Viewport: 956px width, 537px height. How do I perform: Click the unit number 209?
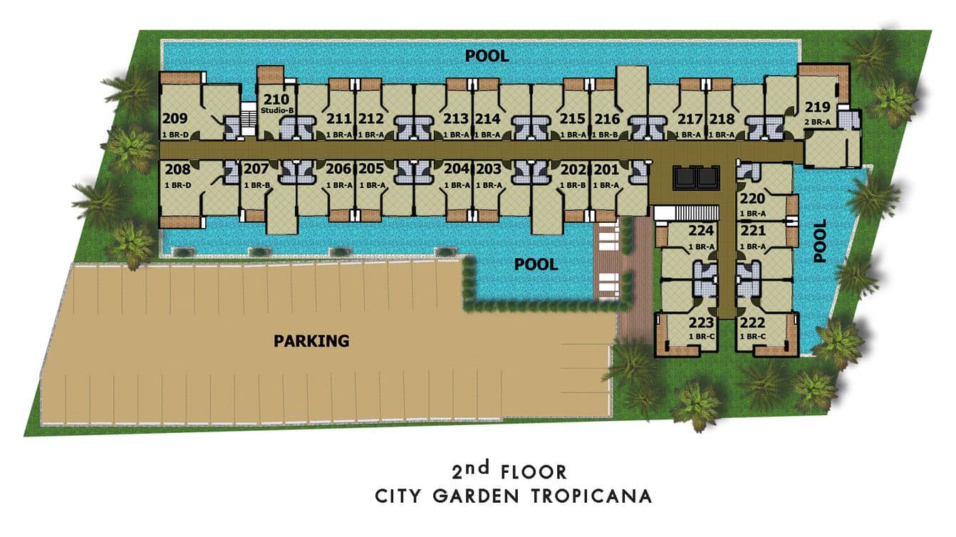(x=175, y=118)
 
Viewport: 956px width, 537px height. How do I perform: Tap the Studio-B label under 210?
(x=277, y=111)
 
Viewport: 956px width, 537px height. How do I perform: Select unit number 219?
(x=817, y=107)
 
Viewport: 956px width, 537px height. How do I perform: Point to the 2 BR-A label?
(x=817, y=122)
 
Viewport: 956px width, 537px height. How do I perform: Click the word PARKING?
(x=311, y=341)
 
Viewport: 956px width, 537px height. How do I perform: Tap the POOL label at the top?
(x=487, y=56)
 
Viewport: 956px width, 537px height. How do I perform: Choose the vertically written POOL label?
(x=820, y=241)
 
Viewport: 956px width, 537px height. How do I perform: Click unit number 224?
(x=701, y=231)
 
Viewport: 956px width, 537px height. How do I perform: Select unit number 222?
(x=752, y=323)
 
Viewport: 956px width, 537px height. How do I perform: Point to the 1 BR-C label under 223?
(x=701, y=337)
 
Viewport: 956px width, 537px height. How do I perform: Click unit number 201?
(x=606, y=170)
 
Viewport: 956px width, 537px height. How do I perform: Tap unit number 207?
(x=256, y=169)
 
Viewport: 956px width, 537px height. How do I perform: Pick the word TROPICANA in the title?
(x=591, y=496)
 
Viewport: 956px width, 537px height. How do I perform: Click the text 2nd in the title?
(x=471, y=470)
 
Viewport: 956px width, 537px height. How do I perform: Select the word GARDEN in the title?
(x=476, y=496)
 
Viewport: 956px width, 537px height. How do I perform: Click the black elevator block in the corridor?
(x=696, y=177)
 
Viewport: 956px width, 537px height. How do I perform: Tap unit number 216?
(x=607, y=119)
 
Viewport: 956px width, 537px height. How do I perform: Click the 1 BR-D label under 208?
(x=178, y=185)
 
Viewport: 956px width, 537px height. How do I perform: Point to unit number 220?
(x=752, y=198)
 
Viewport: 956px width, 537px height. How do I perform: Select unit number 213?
(x=456, y=119)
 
